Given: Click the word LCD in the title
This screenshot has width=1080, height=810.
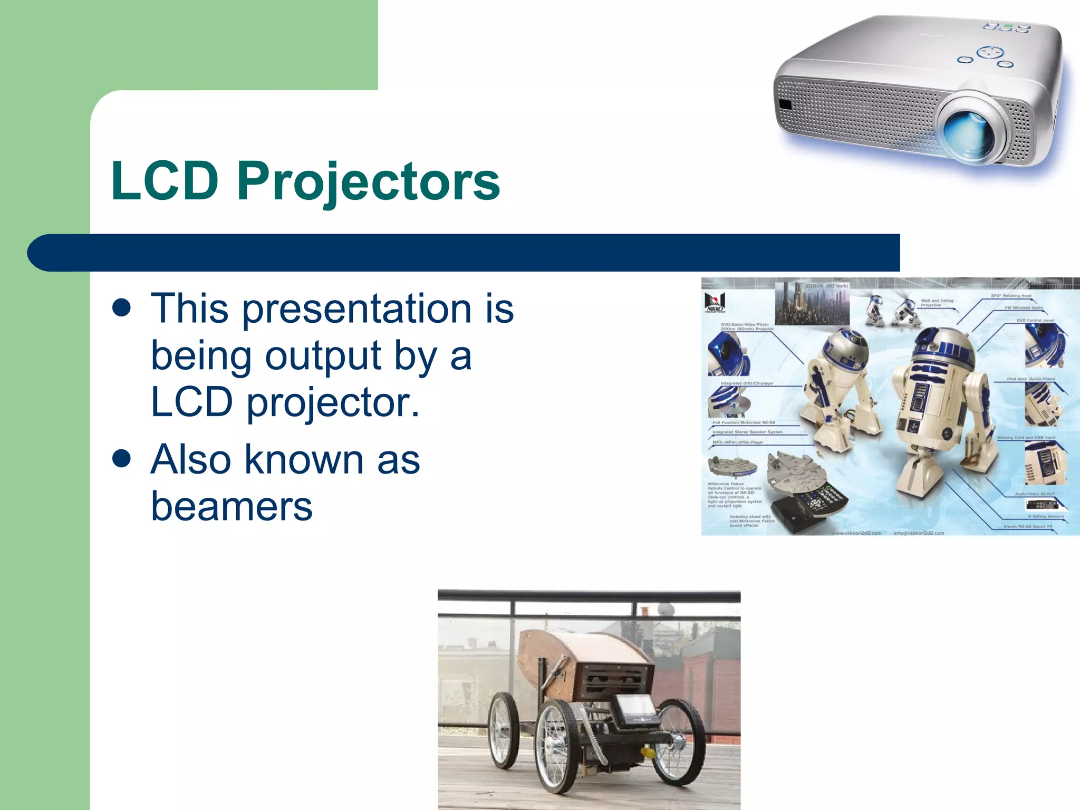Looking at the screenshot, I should click(165, 181).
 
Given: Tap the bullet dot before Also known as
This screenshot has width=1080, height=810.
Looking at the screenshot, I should click(122, 459).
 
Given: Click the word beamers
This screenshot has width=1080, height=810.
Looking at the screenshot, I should click(232, 506).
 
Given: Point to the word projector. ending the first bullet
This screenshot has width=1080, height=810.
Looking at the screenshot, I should click(333, 402).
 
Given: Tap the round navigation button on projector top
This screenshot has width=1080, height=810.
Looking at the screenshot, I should click(990, 53).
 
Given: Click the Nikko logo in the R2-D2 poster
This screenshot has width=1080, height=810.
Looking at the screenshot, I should click(715, 303).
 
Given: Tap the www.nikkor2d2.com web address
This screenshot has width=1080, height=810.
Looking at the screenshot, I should click(856, 533).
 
